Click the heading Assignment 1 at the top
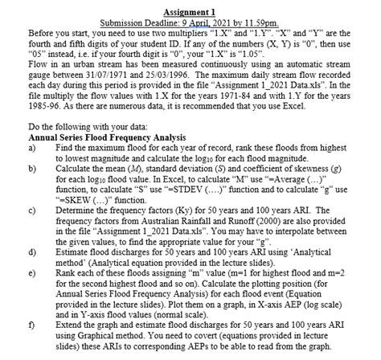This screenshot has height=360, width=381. point(190,12)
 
